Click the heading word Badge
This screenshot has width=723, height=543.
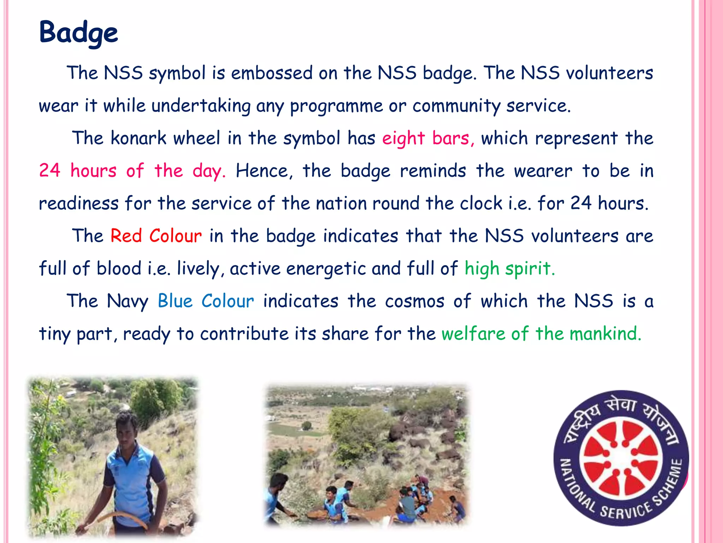[x=78, y=33]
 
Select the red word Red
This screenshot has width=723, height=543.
[x=126, y=236]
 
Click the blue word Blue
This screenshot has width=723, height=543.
[x=175, y=301]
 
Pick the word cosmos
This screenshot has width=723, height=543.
[x=414, y=301]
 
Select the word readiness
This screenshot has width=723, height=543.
[x=78, y=204]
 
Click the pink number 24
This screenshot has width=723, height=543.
[x=49, y=170]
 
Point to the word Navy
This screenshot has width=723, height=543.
[x=127, y=302]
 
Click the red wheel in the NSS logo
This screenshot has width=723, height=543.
[x=621, y=458]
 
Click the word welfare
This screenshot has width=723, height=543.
[x=473, y=334]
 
